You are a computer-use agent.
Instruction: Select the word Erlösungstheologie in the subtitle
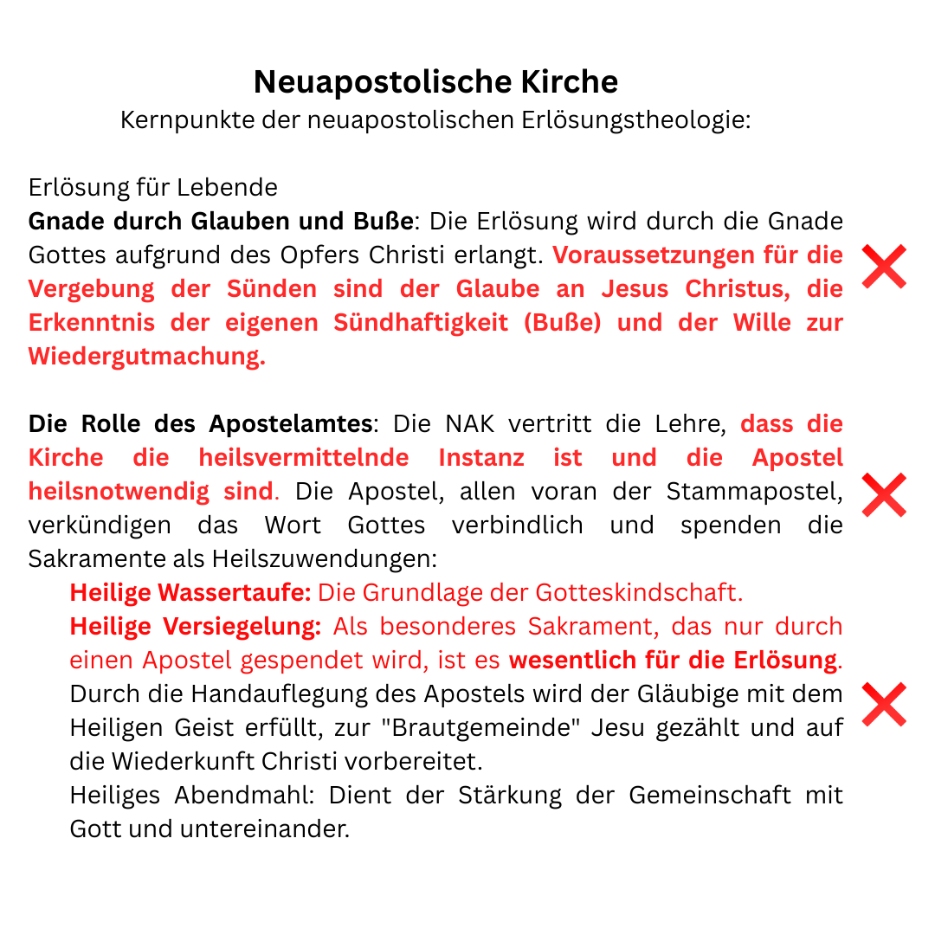(x=635, y=120)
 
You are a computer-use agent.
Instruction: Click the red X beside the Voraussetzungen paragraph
(x=884, y=266)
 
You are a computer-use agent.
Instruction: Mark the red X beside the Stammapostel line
(x=884, y=495)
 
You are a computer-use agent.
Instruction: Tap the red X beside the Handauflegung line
(x=884, y=704)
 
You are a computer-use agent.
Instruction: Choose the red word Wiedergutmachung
(x=146, y=357)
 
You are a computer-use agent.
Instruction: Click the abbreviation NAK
(x=471, y=424)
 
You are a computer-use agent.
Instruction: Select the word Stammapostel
(x=754, y=492)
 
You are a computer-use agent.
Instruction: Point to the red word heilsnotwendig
(x=119, y=492)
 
